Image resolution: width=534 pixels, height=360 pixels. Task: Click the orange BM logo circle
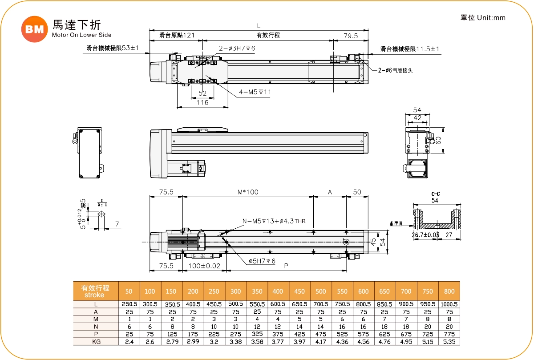click(x=34, y=29)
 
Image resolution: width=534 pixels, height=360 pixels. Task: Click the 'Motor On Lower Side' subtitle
click(x=81, y=35)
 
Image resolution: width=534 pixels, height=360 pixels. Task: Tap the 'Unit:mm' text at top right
click(x=491, y=18)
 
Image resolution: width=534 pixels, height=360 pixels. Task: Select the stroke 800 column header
click(x=449, y=291)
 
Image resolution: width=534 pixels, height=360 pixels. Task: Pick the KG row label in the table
click(x=96, y=342)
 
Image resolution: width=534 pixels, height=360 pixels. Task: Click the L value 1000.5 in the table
click(x=449, y=304)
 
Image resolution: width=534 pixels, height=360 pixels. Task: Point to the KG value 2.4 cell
click(x=129, y=342)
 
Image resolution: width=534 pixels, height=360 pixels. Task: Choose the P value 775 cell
click(x=449, y=334)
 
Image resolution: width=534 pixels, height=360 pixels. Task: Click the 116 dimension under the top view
click(x=202, y=103)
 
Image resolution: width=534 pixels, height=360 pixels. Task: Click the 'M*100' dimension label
click(x=248, y=192)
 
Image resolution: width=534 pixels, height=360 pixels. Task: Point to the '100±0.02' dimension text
click(x=204, y=266)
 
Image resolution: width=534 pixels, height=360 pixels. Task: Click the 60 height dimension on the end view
click(x=438, y=140)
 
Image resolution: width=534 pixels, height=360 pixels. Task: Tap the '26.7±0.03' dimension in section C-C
click(x=425, y=235)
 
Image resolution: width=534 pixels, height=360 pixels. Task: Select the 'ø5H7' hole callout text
click(x=262, y=261)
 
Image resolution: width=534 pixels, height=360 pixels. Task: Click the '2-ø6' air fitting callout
click(x=395, y=70)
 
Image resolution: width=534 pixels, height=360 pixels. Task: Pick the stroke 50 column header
click(x=129, y=291)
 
